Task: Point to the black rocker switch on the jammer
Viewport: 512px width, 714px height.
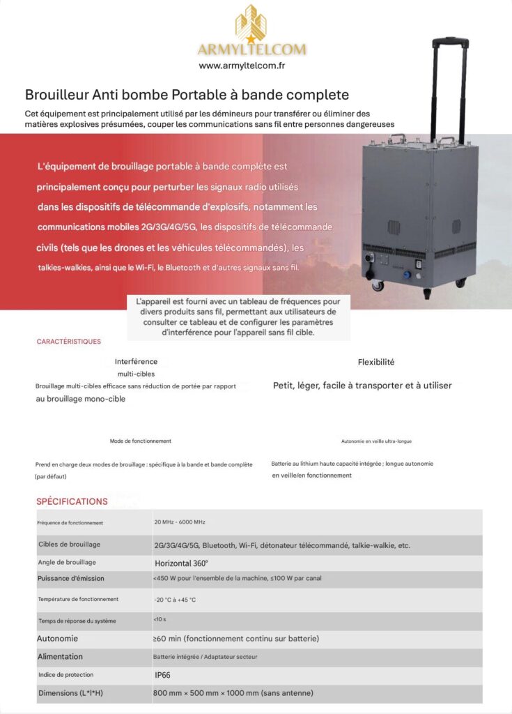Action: pos(417,265)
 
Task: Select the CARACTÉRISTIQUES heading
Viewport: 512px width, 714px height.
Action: pos(68,342)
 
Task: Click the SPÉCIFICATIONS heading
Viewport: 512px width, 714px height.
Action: pos(72,501)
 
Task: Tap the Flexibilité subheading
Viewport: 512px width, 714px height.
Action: pos(376,362)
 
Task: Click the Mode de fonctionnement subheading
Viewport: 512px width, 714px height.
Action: pos(140,441)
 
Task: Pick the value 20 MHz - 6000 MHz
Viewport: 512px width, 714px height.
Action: pos(179,522)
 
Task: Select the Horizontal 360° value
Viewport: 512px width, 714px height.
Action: pos(181,562)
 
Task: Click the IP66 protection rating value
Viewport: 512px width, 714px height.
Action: pos(163,675)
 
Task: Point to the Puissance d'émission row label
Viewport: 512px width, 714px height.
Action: pos(71,578)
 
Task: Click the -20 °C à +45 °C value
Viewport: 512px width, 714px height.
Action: pos(175,600)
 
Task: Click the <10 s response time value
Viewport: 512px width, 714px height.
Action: pos(160,619)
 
